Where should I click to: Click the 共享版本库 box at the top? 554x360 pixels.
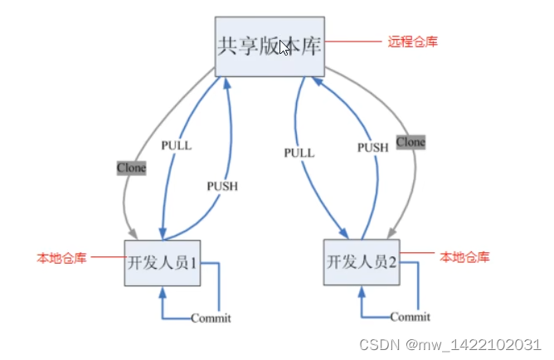coord(269,46)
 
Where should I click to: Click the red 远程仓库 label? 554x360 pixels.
coord(412,41)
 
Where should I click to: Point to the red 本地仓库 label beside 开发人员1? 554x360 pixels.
coord(61,258)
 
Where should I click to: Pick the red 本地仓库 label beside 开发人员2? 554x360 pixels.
coord(464,257)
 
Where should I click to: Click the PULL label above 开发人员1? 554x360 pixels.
coord(176,145)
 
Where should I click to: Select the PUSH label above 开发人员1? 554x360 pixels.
coord(221,186)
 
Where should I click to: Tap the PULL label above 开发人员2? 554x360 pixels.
coord(299,153)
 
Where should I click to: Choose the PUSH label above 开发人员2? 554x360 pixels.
coord(372,147)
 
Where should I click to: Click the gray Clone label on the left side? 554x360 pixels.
coord(131,168)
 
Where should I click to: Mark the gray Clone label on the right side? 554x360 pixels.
coord(411,142)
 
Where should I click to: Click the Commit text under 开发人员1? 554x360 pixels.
coord(211,318)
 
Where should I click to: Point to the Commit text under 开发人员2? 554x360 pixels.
coord(410,316)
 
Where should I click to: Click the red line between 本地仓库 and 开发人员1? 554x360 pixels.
coord(108,257)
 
